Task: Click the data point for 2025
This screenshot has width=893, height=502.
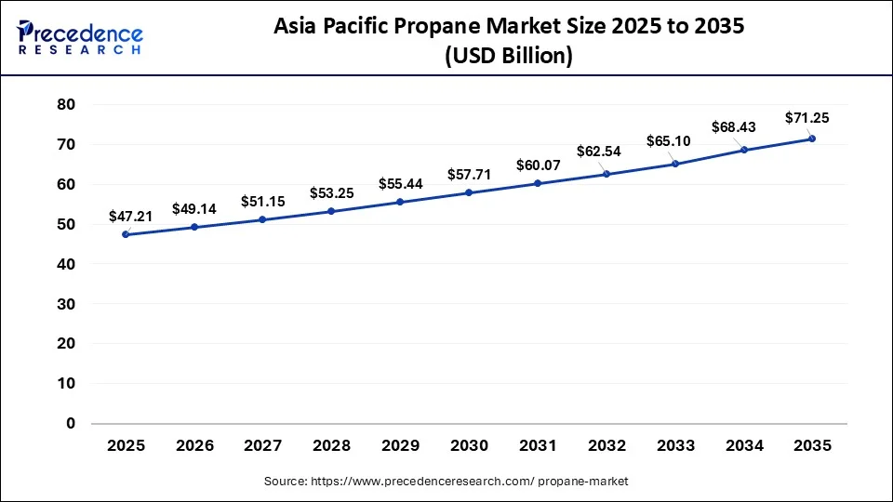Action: (126, 234)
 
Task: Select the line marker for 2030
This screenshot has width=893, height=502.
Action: (469, 192)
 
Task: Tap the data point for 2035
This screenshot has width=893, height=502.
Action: (812, 139)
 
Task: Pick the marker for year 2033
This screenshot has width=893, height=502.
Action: (674, 164)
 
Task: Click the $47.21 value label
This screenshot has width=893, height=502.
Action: (130, 216)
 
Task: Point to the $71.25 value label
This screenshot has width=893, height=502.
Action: (807, 117)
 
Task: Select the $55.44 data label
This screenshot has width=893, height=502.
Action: (400, 183)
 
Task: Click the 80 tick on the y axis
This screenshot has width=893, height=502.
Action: (65, 104)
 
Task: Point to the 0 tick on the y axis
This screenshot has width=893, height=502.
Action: (70, 423)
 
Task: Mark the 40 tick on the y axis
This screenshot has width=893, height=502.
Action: (65, 264)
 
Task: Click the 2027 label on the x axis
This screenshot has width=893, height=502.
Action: (263, 445)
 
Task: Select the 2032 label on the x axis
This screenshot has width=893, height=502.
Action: (606, 445)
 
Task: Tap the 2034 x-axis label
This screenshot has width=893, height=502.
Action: (743, 445)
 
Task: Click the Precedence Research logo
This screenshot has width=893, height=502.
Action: (80, 36)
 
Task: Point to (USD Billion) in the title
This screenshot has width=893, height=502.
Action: (508, 56)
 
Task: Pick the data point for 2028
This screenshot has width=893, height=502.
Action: (331, 211)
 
